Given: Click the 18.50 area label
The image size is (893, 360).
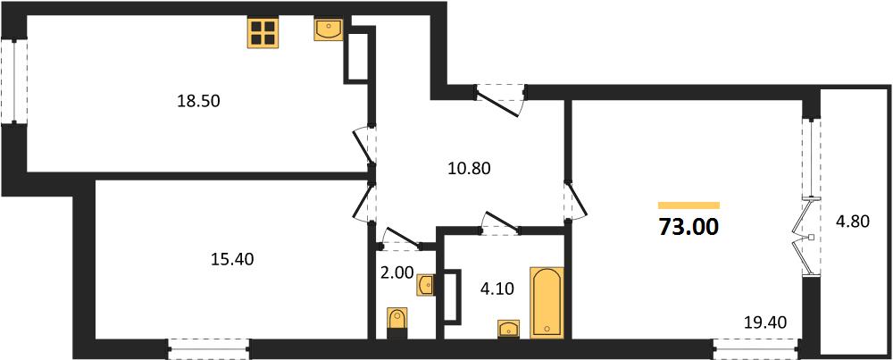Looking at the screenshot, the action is coord(199,102).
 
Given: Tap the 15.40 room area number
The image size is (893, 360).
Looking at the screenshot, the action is coord(232,259).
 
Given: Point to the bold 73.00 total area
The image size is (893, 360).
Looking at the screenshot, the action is coord(689,227).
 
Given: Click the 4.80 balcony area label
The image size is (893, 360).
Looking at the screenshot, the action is coord(853,221).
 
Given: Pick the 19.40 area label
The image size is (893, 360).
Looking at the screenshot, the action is coord(766,323).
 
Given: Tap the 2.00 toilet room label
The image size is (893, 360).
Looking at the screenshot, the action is coord(397,272).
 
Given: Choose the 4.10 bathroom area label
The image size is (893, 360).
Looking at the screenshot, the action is coord(497,289).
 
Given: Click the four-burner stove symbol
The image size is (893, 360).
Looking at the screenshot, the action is coord(263,32).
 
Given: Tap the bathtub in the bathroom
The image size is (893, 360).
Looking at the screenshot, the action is coord(547,303).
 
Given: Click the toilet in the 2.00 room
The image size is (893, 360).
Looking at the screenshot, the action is coord(397,322).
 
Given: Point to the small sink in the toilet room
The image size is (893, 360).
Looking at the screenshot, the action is coord(425,285).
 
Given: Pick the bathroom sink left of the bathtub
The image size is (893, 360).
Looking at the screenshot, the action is coord(509,329).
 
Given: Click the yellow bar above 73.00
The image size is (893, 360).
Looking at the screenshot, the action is coord(689,205).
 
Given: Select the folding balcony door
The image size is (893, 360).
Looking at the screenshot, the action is coord(805,236).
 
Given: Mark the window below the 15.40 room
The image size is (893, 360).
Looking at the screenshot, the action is coord(209,348).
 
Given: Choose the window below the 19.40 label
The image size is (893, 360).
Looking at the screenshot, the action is coord(755,348).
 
